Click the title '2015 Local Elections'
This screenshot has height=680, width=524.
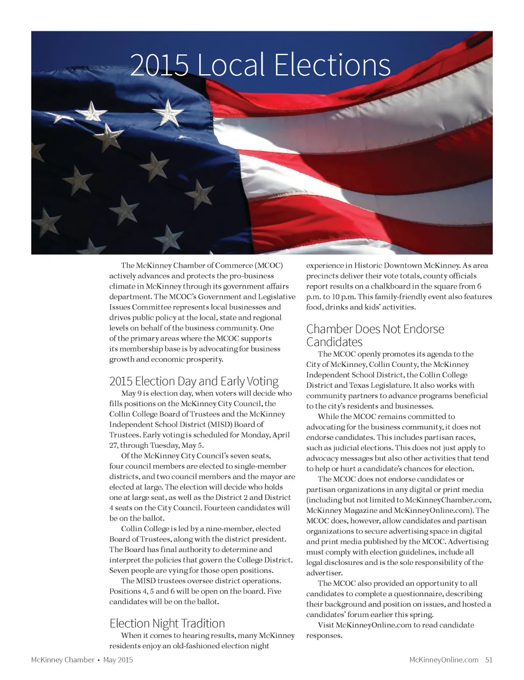[260, 65]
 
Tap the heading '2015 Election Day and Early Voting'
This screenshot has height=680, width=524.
[194, 381]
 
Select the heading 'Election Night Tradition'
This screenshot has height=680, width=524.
[167, 623]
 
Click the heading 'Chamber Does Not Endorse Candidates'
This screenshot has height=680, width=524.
[375, 335]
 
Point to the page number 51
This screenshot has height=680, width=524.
[489, 660]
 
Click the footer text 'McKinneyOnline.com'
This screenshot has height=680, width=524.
[444, 660]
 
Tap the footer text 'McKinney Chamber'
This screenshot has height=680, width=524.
[62, 660]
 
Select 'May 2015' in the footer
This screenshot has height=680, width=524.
[118, 660]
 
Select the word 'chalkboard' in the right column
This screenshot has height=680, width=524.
[391, 287]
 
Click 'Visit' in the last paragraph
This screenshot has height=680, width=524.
[326, 625]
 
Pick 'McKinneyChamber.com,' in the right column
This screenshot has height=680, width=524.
[449, 500]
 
